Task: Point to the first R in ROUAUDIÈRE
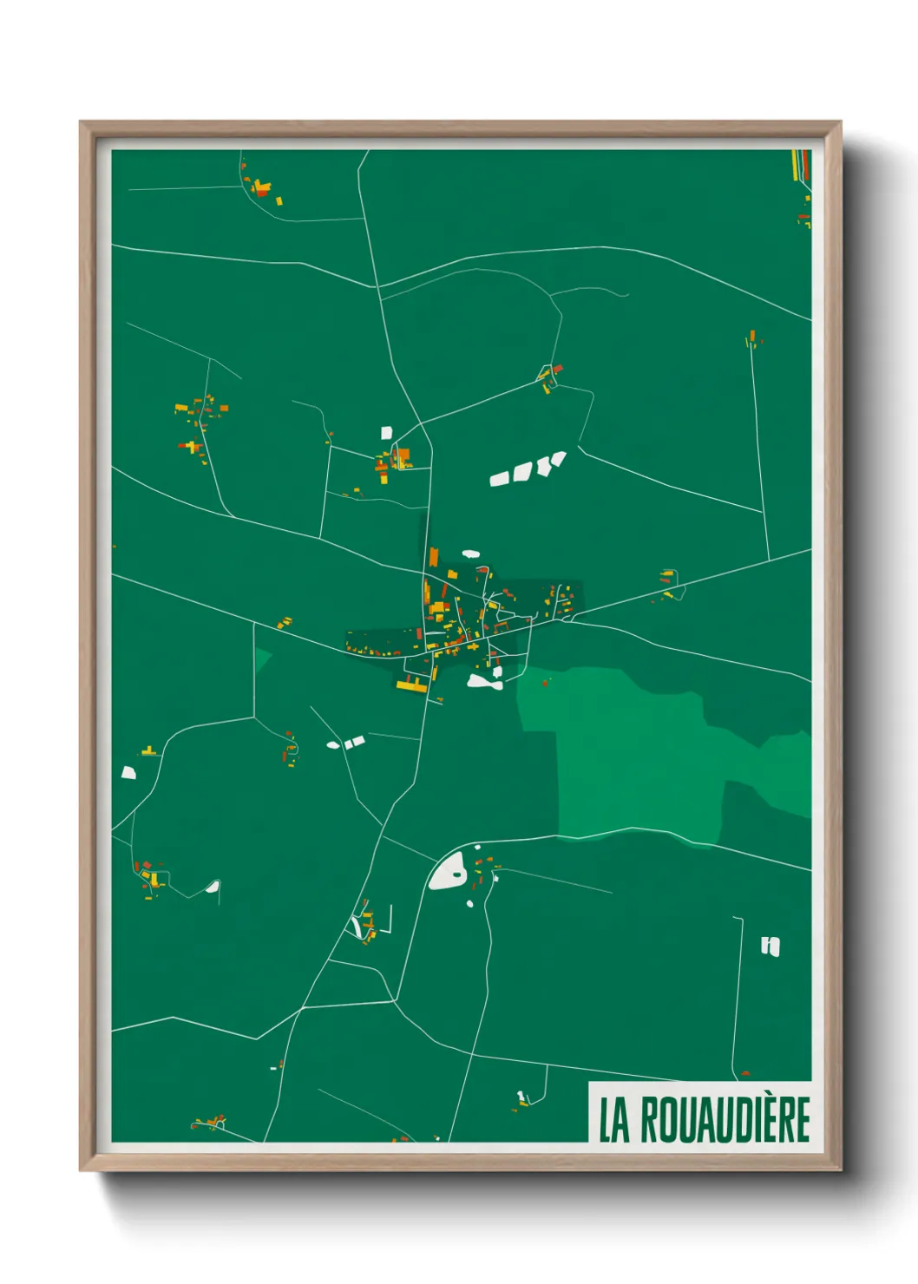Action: pos(650,1120)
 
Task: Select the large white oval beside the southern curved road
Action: pos(448,870)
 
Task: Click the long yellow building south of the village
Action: pos(412,685)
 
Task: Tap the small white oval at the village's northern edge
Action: pos(470,553)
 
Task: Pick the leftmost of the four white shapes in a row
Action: pos(499,478)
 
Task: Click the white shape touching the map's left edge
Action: pos(128,772)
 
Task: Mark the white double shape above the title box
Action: pos(770,946)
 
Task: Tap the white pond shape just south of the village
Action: pos(483,682)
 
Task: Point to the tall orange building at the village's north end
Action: pos(433,556)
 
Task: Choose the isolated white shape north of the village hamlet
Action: pos(386,432)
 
